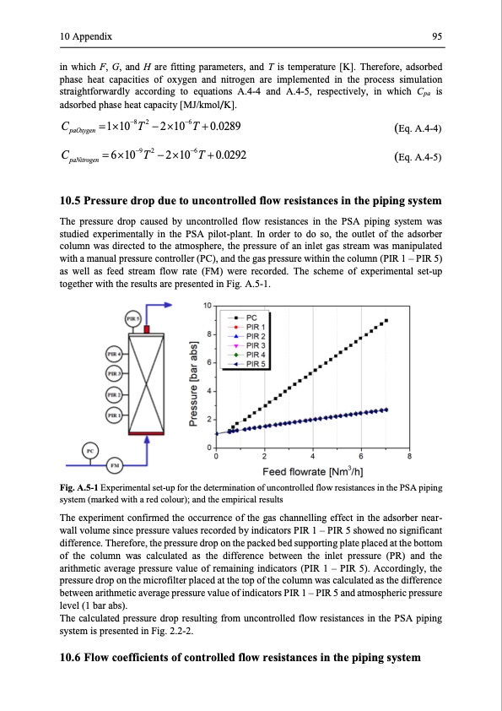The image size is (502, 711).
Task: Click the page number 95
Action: (x=437, y=36)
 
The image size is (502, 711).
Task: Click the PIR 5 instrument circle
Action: (x=132, y=318)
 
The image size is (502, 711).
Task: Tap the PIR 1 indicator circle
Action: (x=113, y=415)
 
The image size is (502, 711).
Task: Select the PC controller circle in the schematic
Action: (x=90, y=451)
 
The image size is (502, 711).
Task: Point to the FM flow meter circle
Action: (x=115, y=464)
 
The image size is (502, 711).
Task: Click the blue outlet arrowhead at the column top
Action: (x=167, y=305)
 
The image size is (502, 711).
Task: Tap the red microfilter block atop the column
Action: (x=146, y=328)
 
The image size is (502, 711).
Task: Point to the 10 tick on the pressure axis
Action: (x=207, y=306)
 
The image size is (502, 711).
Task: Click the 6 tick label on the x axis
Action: (x=360, y=456)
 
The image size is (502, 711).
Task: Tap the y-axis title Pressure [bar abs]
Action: (x=193, y=383)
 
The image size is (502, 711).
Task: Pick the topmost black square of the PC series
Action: (x=386, y=321)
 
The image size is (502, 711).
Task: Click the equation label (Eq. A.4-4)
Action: (x=418, y=128)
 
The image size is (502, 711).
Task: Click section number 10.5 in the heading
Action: (x=70, y=201)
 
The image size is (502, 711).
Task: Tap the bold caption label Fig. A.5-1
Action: (x=78, y=488)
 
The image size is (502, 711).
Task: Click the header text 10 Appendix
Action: (x=85, y=36)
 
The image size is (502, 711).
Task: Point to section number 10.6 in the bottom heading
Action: (x=70, y=658)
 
